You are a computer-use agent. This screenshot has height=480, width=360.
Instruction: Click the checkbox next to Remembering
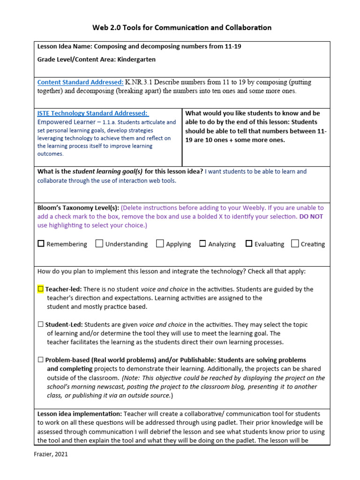[41, 244]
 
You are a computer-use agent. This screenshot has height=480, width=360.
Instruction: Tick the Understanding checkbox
[99, 244]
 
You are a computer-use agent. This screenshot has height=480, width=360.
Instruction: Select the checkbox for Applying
[160, 244]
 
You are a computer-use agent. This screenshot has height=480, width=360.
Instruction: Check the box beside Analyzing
[202, 244]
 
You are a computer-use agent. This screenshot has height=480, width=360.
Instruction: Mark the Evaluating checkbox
[249, 244]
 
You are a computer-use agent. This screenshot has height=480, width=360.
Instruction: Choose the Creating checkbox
[295, 244]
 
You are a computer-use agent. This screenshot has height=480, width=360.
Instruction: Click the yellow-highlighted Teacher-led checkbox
[40, 289]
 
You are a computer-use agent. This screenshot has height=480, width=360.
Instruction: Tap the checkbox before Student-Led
[40, 324]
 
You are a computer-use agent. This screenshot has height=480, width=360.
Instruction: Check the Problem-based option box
[40, 360]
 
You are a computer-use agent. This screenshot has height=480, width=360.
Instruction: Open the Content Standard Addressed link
[80, 82]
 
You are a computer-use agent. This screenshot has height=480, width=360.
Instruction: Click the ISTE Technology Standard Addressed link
[92, 113]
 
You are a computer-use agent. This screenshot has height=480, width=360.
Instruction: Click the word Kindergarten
[136, 60]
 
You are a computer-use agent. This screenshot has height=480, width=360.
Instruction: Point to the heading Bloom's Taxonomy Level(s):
[78, 208]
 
